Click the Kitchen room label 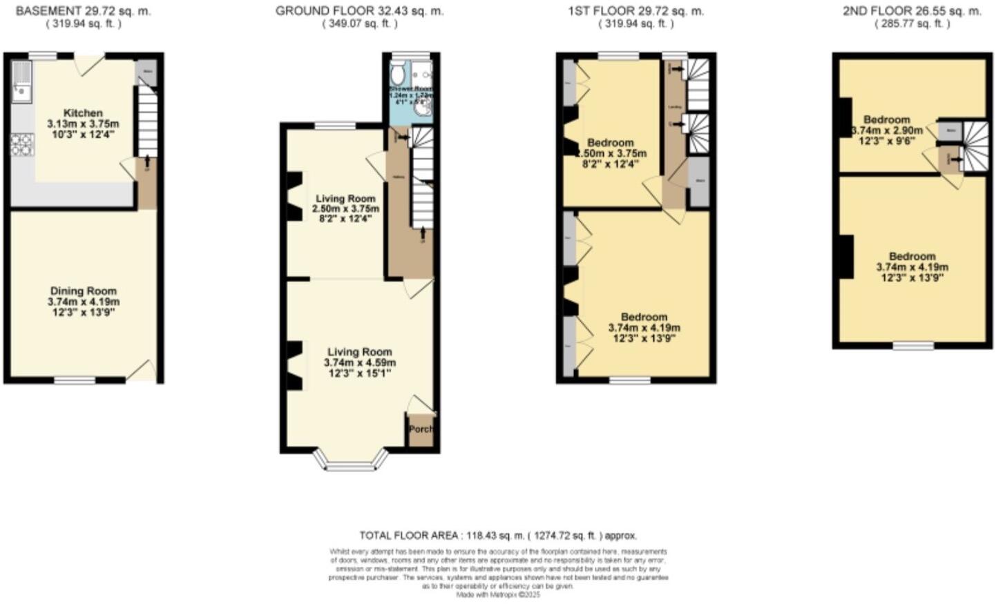[x=83, y=113]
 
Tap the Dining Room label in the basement [x=83, y=291]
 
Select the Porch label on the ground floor [x=421, y=429]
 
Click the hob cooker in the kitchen [x=22, y=144]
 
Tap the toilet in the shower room [x=399, y=74]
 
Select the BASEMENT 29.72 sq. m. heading [x=83, y=11]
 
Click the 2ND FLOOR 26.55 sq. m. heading [x=912, y=11]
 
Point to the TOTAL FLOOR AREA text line [x=497, y=536]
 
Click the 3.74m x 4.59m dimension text [x=360, y=362]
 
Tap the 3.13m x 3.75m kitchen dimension [x=83, y=124]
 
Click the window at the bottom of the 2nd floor [x=913, y=345]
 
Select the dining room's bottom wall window [x=75, y=380]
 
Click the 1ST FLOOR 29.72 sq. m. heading [x=635, y=11]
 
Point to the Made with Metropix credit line [x=497, y=594]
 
